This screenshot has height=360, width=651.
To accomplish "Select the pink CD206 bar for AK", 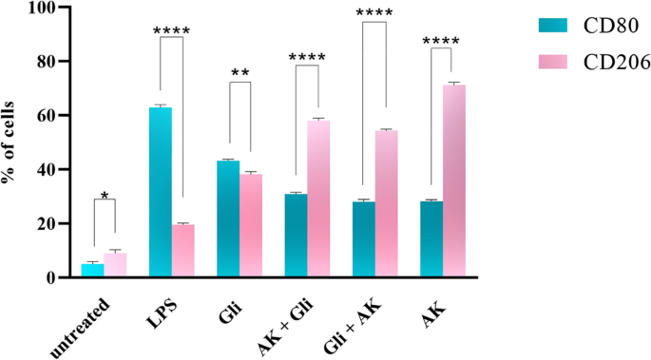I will pyautogui.click(x=454, y=180).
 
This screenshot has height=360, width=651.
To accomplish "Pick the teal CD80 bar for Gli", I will pyautogui.click(x=228, y=218).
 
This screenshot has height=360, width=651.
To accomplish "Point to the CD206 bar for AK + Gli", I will pyautogui.click(x=318, y=199).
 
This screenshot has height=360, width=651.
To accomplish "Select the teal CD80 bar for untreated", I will pyautogui.click(x=92, y=270).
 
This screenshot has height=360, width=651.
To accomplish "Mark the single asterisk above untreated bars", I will pyautogui.click(x=105, y=195).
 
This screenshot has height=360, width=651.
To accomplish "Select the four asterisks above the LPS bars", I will pyautogui.click(x=172, y=30).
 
